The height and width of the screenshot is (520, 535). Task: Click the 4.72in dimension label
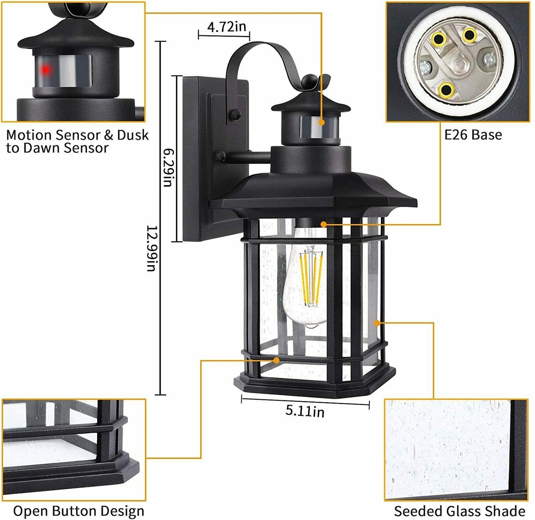[226, 27]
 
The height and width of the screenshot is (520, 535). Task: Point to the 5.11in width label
[305, 411]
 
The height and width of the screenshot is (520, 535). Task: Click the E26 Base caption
[473, 135]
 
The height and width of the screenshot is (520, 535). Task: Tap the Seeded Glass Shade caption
[459, 511]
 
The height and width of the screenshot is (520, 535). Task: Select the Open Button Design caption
[78, 511]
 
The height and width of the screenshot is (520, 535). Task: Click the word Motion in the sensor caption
[29, 135]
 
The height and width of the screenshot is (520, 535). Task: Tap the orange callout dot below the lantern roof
[324, 224]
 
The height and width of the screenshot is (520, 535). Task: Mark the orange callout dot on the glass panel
[377, 323]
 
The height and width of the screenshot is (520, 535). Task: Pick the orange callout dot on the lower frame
[276, 360]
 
